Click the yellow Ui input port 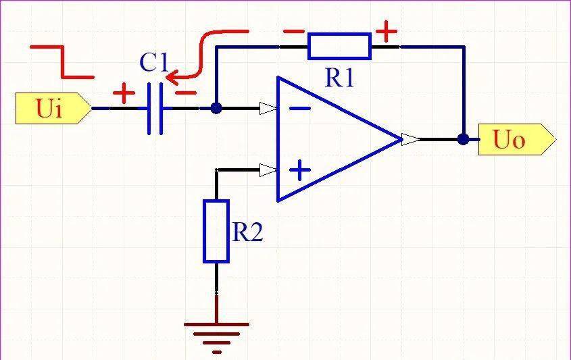(x=53, y=108)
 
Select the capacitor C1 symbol (x=155, y=109)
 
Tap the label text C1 (x=153, y=62)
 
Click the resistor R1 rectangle (x=339, y=46)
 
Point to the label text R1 (x=339, y=78)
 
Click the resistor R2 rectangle (x=216, y=231)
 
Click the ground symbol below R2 (x=217, y=338)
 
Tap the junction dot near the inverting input (x=216, y=108)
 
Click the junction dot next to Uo (x=463, y=139)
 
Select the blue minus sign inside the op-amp (x=300, y=108)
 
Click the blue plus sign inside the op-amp (x=300, y=170)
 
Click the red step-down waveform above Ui (x=62, y=62)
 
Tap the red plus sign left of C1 (x=124, y=93)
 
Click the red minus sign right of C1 (x=186, y=93)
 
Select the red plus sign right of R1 (x=387, y=31)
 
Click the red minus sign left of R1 (x=293, y=32)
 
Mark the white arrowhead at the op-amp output (x=409, y=139)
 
